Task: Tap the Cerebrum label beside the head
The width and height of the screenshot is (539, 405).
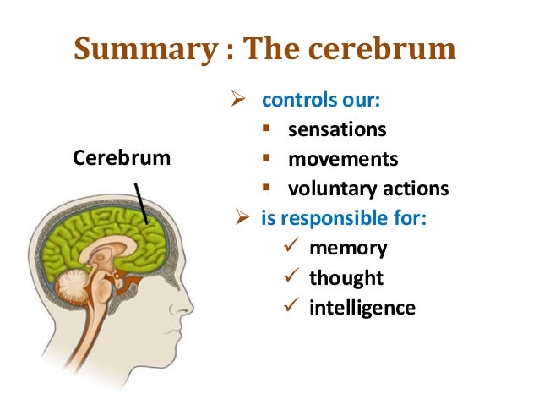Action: tap(122, 158)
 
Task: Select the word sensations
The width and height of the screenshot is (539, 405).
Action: tap(337, 130)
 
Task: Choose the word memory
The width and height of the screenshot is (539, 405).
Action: tap(348, 249)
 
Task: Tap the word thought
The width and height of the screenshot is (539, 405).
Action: tap(346, 278)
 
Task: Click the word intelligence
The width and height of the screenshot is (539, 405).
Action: tap(362, 308)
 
